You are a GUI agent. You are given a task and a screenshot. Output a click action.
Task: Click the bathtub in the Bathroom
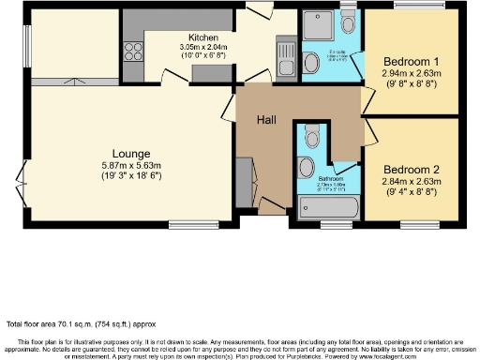[328, 208]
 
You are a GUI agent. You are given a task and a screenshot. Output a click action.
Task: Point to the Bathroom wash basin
[307, 168]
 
